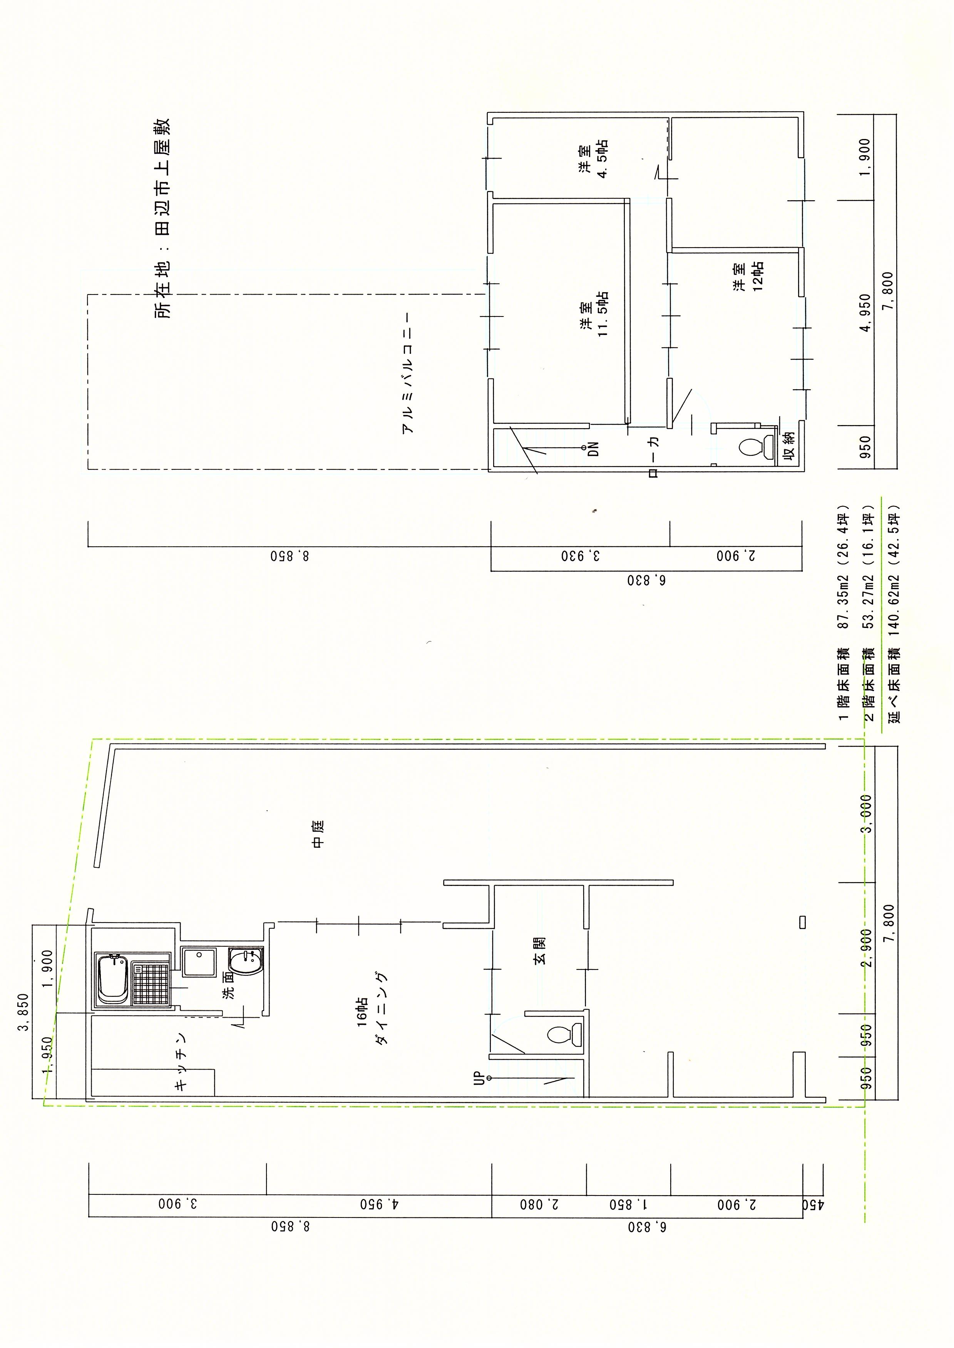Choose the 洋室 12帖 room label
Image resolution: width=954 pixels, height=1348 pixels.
click(748, 276)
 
